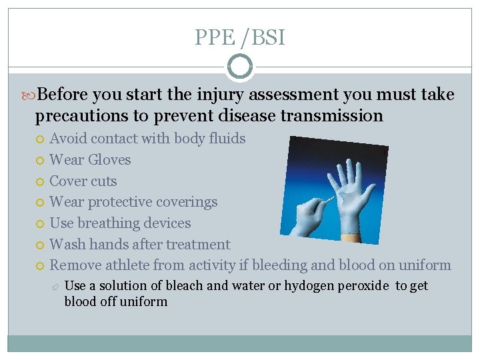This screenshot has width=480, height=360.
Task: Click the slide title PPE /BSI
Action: coord(239,37)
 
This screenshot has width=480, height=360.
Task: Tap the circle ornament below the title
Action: coord(239,67)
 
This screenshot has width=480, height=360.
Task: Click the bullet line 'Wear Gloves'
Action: coord(90,160)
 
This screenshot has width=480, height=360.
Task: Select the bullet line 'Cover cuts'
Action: coord(83,181)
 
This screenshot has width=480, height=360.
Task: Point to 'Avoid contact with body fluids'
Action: coord(147,139)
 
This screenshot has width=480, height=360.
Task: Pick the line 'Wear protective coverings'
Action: coord(133,202)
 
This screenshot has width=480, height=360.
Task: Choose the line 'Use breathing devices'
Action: coord(120,223)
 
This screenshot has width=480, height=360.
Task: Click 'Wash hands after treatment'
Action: coord(140,245)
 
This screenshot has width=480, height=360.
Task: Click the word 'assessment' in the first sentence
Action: coord(267,95)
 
